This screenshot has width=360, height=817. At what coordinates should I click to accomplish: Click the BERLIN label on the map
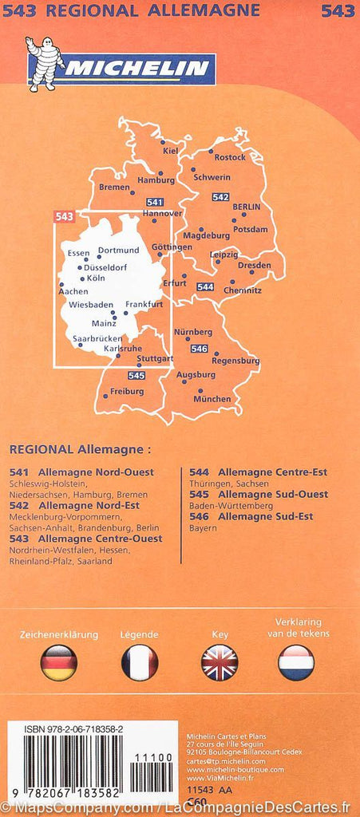click(x=246, y=206)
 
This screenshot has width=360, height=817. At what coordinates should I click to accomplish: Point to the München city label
click(x=212, y=399)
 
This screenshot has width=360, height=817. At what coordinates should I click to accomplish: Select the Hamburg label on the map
click(x=156, y=180)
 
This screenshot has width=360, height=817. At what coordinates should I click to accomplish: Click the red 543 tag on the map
click(x=64, y=216)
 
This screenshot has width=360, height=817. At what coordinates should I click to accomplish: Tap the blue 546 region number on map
click(x=200, y=349)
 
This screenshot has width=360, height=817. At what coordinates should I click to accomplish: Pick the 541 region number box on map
click(x=155, y=202)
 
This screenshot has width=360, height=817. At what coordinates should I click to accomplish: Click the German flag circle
click(x=59, y=662)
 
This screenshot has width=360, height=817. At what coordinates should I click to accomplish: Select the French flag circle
click(x=140, y=662)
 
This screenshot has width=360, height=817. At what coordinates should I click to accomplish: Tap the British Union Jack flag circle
click(x=220, y=662)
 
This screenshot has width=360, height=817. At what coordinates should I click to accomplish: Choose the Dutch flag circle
click(x=296, y=662)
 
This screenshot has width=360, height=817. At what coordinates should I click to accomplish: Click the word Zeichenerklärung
click(x=59, y=634)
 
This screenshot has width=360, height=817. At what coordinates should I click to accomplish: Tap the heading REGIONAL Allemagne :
click(x=79, y=450)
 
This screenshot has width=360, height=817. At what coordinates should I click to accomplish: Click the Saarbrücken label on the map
click(x=97, y=339)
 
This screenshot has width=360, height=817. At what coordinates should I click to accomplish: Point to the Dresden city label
click(x=254, y=265)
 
